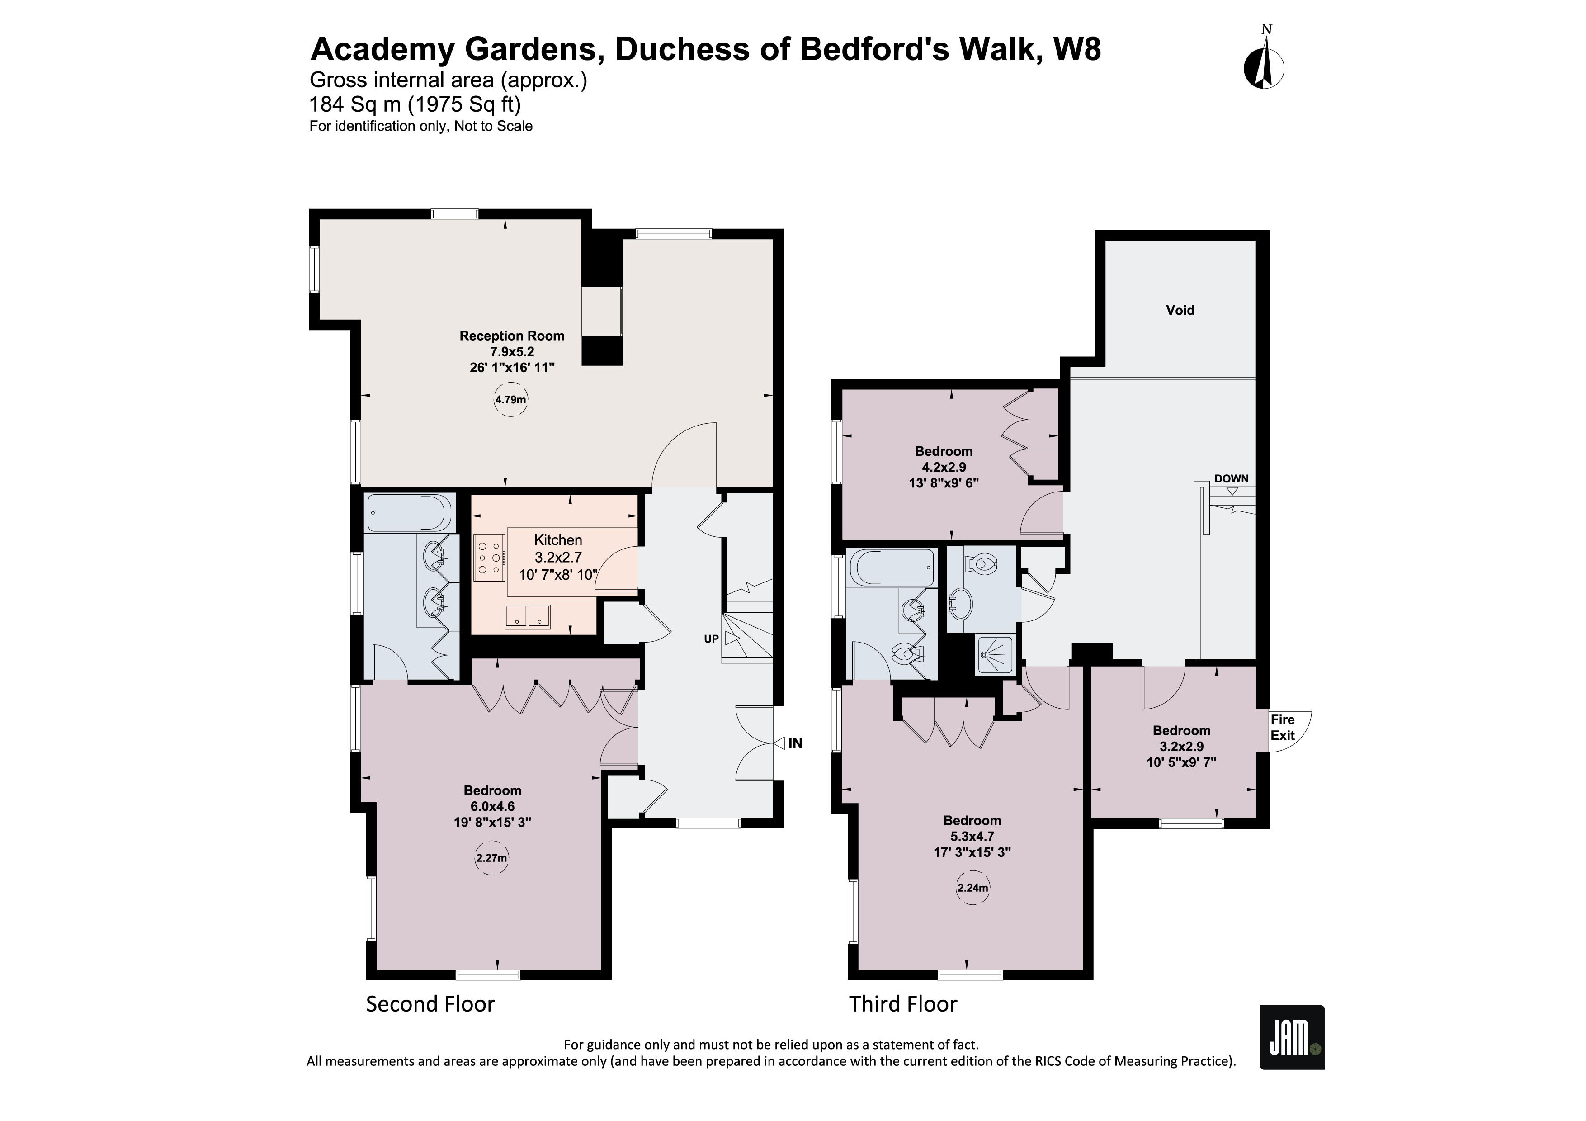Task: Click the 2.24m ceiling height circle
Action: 972,888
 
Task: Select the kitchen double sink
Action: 528,616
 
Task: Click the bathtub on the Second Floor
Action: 409,512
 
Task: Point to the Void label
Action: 1180,311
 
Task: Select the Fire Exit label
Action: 1283,727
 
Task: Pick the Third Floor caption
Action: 903,1003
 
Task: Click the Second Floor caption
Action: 430,1003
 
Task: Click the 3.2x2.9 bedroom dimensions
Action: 1181,747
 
